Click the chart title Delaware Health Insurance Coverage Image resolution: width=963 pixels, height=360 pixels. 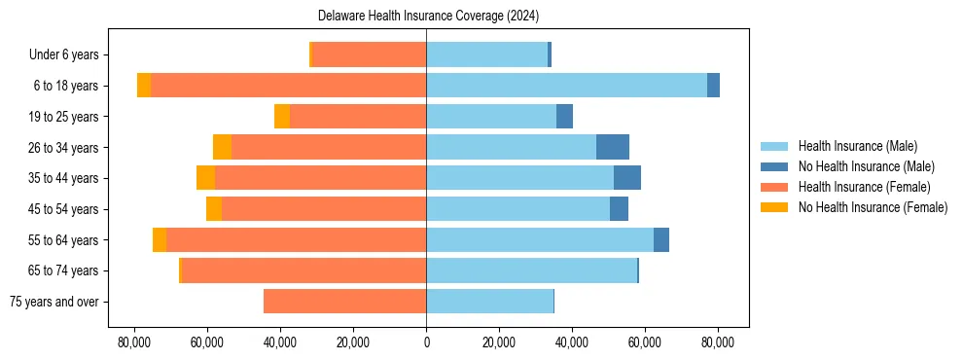click(x=428, y=17)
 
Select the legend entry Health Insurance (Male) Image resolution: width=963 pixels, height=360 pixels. click(x=857, y=146)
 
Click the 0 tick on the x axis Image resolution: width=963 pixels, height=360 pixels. click(x=426, y=342)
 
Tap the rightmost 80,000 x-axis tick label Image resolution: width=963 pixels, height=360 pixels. click(x=718, y=342)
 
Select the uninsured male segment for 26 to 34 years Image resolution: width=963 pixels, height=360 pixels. click(x=613, y=147)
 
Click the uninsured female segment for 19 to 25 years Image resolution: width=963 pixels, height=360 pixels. click(x=282, y=117)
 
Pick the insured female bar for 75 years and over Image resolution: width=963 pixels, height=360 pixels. click(x=344, y=302)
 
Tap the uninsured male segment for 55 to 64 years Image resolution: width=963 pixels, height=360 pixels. click(x=661, y=239)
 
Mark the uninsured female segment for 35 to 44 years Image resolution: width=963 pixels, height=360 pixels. click(x=205, y=178)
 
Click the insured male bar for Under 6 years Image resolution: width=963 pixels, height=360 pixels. click(x=486, y=54)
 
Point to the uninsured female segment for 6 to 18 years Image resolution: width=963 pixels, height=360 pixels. click(x=144, y=86)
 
